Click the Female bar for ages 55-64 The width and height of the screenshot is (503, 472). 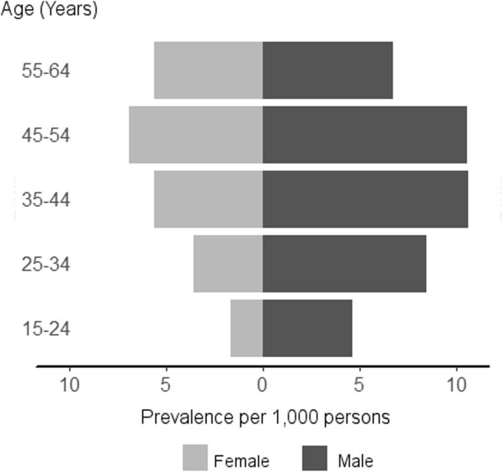[x=208, y=70]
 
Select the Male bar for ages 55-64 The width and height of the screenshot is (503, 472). [x=327, y=70]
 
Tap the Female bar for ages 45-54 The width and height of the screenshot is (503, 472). [x=196, y=135]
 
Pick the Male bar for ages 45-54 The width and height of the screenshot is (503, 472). [x=364, y=135]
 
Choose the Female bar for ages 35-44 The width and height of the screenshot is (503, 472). [x=208, y=199]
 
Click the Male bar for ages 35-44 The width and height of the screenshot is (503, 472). [x=365, y=199]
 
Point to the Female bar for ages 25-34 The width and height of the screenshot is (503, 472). [x=228, y=264]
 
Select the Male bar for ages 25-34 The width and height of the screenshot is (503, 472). [x=344, y=264]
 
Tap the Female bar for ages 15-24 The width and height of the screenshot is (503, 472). [x=247, y=328]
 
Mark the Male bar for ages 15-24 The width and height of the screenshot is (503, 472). [x=307, y=328]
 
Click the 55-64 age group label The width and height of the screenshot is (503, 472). [x=45, y=70]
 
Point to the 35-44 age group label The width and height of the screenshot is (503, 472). [x=45, y=199]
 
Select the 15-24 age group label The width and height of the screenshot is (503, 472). [x=45, y=328]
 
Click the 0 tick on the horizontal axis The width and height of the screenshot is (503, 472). [x=263, y=384]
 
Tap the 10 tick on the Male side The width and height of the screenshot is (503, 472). [x=456, y=384]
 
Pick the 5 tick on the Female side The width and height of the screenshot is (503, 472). [x=166, y=384]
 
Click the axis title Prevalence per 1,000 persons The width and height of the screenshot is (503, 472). [x=265, y=418]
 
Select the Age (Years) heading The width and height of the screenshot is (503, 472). [x=49, y=10]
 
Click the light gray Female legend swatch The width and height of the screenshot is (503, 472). [x=196, y=458]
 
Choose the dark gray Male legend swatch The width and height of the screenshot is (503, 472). [x=314, y=458]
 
